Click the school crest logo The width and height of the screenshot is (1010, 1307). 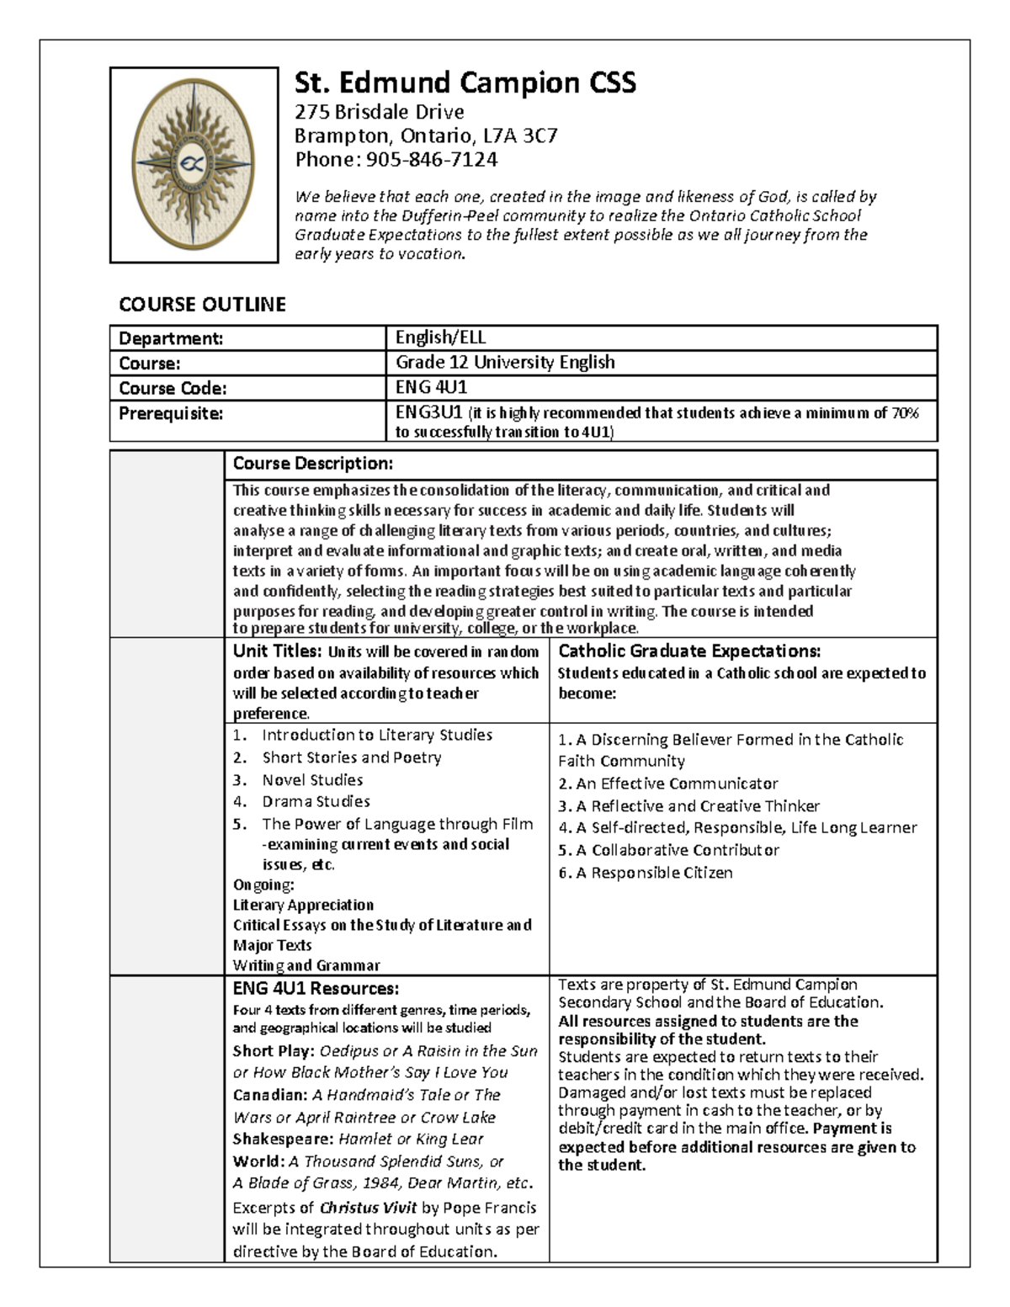coord(194,165)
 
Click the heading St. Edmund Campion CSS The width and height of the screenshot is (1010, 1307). coord(465,82)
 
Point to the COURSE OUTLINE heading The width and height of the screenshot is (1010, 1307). coord(202,305)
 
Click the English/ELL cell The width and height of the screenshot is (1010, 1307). coord(441,337)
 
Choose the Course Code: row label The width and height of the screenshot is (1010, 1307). coord(173,388)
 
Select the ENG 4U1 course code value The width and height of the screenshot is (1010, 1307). coord(431,387)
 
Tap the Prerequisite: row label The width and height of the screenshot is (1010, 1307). coord(171,413)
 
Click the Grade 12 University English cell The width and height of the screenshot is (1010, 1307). coord(505,362)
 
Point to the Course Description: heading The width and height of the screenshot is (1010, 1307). coord(312,464)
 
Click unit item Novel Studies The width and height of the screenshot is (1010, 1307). coord(312,780)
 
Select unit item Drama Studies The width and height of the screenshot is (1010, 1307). coord(316,802)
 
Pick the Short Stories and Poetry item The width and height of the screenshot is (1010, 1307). coord(351,757)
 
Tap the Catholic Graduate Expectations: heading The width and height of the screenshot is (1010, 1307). coord(689,651)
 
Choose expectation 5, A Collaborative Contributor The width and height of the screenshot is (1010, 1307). coord(668,850)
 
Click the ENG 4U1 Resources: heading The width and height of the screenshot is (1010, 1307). coord(316,988)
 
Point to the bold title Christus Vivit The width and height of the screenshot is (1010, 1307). coord(369,1208)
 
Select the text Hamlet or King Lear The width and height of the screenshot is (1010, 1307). coord(411,1140)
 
